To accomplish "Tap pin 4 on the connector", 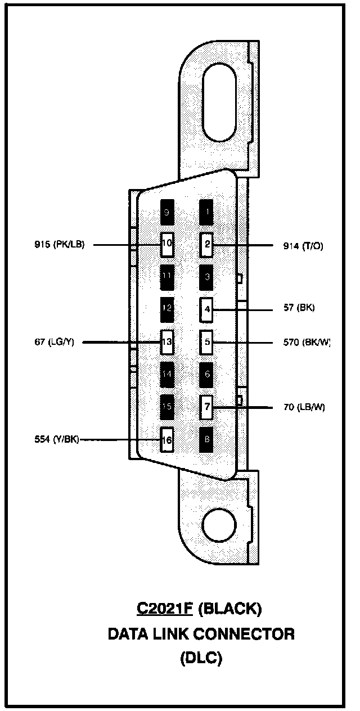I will pos(207,309).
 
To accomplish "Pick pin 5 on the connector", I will pos(207,341).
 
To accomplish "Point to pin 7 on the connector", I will pos(207,407).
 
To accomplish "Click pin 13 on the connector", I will pos(167,341).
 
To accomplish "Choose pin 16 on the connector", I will pos(167,440).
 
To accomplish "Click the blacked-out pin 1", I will pos(207,212).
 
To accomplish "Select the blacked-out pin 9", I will pos(167,212).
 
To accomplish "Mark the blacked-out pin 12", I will pos(167,309).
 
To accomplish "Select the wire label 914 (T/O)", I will pos(304,246).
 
